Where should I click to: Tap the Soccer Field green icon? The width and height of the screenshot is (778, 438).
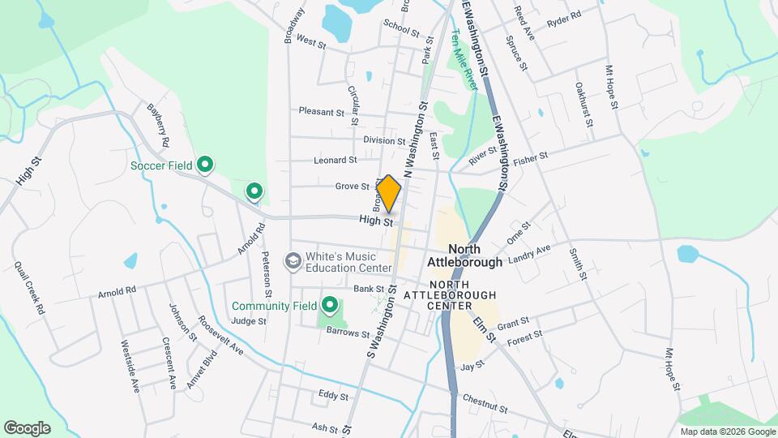tap(205, 165)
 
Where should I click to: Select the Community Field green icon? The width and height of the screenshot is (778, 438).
tap(330, 306)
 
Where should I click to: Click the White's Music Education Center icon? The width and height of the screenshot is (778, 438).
tap(292, 260)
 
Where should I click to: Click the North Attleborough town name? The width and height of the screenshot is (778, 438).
tap(464, 255)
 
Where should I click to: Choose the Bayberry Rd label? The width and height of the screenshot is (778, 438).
tap(158, 124)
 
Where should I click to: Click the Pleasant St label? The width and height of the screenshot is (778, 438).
tap(322, 111)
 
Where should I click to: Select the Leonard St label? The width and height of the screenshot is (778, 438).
tap(335, 161)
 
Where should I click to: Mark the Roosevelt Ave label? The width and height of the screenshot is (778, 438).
tap(222, 335)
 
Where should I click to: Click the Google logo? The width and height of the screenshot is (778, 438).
tap(27, 427)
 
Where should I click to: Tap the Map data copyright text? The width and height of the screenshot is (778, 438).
tap(726, 432)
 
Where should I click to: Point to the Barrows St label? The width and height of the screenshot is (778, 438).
tap(343, 331)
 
